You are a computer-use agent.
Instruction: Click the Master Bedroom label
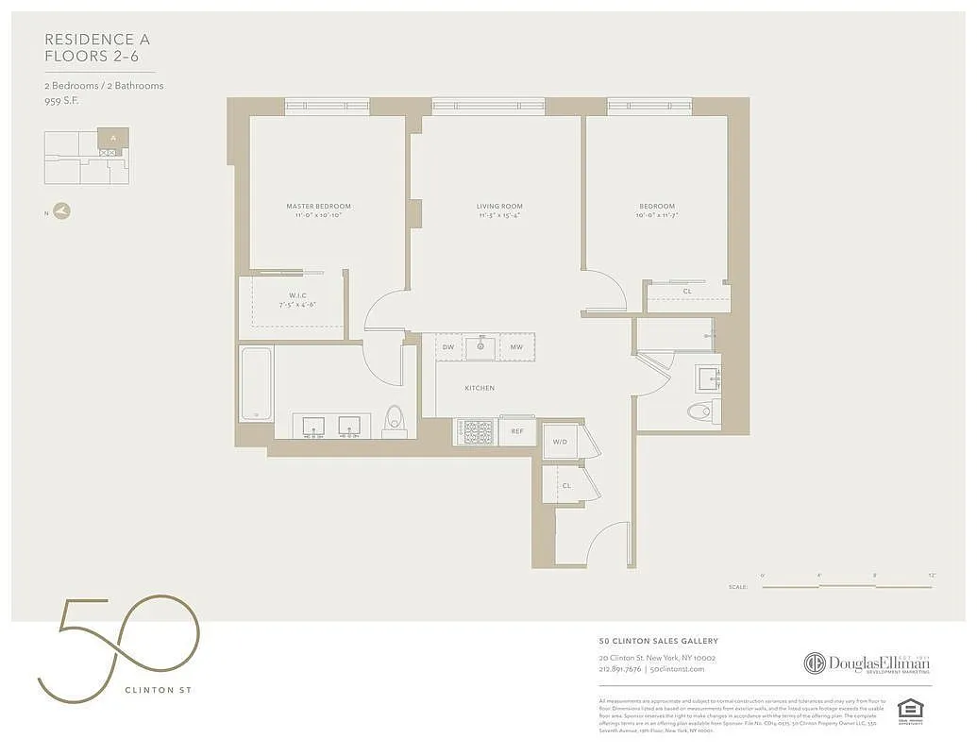click(x=318, y=207)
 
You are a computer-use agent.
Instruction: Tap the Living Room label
click(x=498, y=207)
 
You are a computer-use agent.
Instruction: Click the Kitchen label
click(x=479, y=388)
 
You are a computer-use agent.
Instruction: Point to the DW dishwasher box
click(x=449, y=347)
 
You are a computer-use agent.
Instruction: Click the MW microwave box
click(x=516, y=347)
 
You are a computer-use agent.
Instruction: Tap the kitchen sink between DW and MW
click(x=481, y=346)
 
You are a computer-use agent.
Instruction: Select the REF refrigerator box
click(x=517, y=431)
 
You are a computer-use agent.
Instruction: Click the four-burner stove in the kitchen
click(x=475, y=432)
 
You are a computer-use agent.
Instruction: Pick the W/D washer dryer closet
click(x=560, y=441)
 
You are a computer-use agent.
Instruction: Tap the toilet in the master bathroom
click(x=395, y=421)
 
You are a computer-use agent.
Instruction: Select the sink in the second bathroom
click(x=707, y=379)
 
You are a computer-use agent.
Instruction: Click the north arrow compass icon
click(x=62, y=211)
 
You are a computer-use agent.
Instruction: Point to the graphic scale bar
click(x=847, y=586)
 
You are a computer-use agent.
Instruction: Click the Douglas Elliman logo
click(x=867, y=663)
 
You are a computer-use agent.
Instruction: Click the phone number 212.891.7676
click(x=620, y=669)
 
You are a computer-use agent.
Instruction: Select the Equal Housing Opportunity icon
click(x=909, y=711)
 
